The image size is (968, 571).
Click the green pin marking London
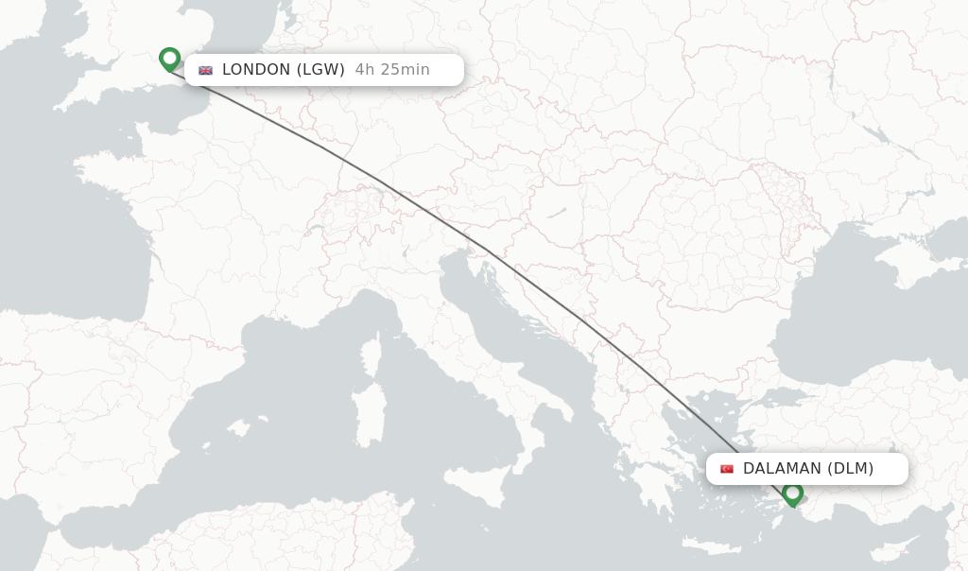click(170, 59)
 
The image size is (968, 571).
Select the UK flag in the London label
click(205, 70)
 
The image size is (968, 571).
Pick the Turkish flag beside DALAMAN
click(727, 469)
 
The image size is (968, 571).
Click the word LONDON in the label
click(256, 70)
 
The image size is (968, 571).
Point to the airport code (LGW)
click(320, 70)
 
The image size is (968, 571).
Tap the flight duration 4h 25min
click(392, 70)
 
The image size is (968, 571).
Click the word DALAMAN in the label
click(782, 469)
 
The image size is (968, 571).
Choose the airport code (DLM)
click(851, 469)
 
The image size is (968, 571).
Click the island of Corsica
click(372, 354)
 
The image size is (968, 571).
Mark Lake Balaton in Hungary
click(557, 214)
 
